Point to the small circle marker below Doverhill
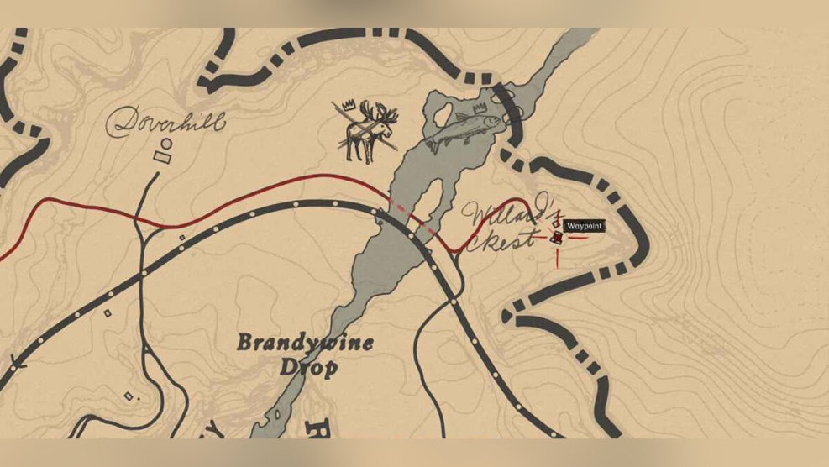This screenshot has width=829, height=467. pyautogui.click(x=166, y=144)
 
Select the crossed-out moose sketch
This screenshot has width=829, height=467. pyautogui.click(x=365, y=131)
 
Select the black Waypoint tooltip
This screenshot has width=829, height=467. pyautogui.click(x=583, y=226)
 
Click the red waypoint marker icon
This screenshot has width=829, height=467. pyautogui.click(x=557, y=239)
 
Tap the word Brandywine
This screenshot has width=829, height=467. pyautogui.click(x=305, y=343)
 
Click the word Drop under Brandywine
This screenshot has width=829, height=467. pyautogui.click(x=310, y=367)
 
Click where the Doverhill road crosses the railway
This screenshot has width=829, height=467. pyautogui.click(x=144, y=270)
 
